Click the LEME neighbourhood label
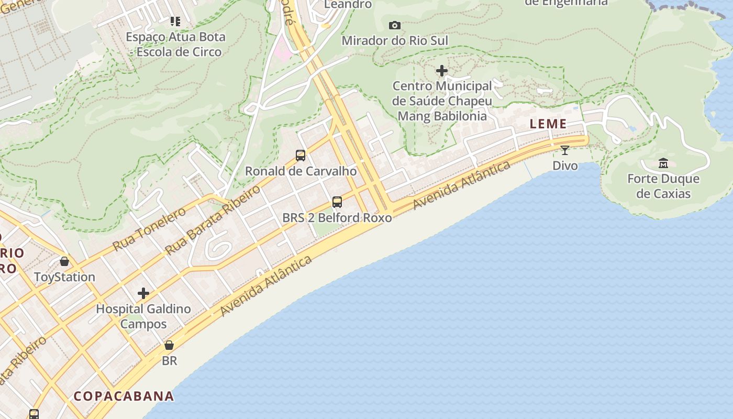point(548,124)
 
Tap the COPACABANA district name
point(124,396)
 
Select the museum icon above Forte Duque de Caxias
point(663,163)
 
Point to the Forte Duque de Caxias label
point(663,186)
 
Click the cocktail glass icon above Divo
point(565,150)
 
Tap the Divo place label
point(565,166)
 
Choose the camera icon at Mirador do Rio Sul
point(395,25)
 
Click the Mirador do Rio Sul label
point(395,40)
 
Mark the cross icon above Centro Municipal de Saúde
point(442,70)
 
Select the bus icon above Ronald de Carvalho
point(301,155)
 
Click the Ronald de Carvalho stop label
point(301,171)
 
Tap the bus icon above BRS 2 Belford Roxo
point(337,202)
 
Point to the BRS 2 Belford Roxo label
point(337,217)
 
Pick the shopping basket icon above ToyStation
point(64,261)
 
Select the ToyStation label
point(64,277)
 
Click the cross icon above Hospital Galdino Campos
point(143,293)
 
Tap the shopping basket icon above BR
point(169,345)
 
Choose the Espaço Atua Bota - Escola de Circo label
point(175,44)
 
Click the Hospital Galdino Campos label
point(143,316)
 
